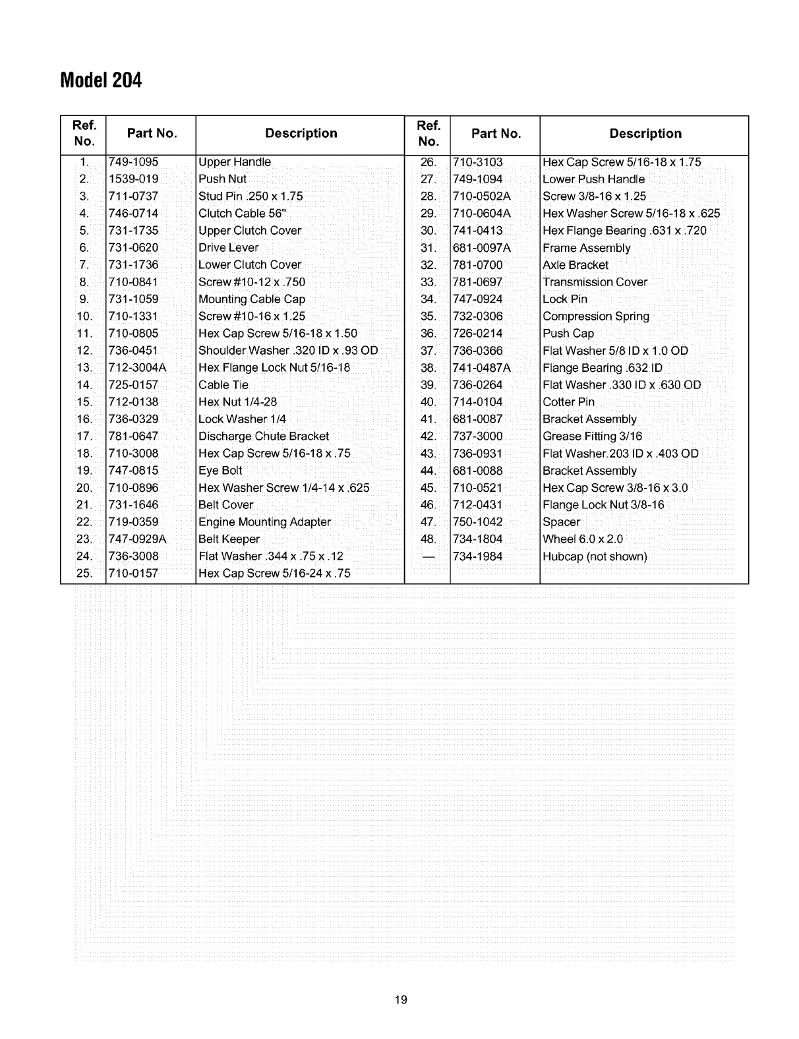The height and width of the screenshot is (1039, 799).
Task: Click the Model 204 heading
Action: (x=101, y=80)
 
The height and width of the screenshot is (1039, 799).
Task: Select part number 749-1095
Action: (x=133, y=162)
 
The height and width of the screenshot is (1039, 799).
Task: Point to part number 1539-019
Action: (x=133, y=179)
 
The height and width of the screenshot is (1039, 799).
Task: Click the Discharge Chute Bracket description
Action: (x=264, y=436)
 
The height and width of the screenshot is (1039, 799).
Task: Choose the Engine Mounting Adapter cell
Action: (x=264, y=522)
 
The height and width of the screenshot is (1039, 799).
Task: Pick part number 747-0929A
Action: (x=137, y=539)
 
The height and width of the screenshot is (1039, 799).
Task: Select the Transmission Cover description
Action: (x=595, y=282)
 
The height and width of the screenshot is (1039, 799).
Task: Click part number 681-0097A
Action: (x=481, y=248)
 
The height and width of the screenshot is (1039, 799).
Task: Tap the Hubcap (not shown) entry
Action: (x=595, y=556)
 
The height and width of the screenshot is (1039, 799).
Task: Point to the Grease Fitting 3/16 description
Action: (x=592, y=436)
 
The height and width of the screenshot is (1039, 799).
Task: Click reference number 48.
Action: (x=428, y=539)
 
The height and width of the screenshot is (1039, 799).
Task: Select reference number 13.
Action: (x=84, y=368)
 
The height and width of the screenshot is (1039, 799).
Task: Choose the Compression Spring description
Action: (x=596, y=316)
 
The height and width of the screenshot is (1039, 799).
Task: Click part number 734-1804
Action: (x=477, y=539)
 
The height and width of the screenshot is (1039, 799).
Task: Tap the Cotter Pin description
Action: (x=568, y=402)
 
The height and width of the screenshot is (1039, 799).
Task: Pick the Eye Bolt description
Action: (x=220, y=471)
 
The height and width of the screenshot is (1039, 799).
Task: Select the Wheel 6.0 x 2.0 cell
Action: (x=582, y=539)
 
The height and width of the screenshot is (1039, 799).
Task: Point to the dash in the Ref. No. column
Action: (x=428, y=556)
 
